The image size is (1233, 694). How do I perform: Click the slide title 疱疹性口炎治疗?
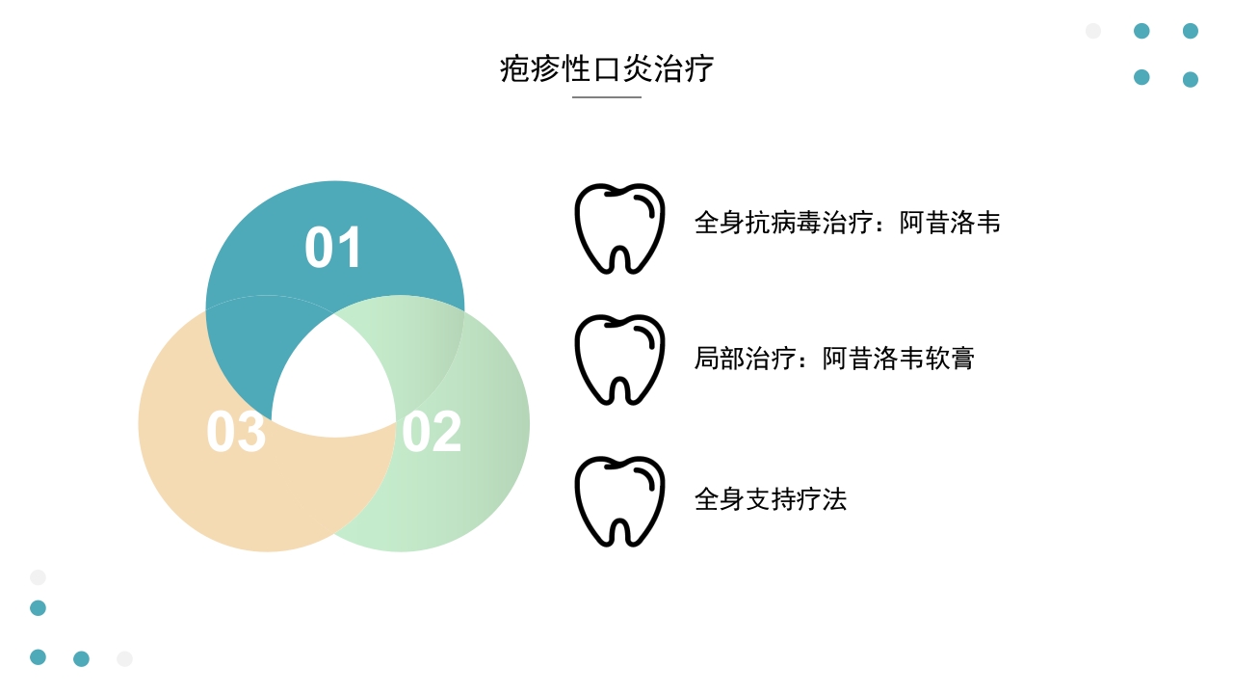tap(607, 69)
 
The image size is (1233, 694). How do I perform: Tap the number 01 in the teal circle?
tap(333, 248)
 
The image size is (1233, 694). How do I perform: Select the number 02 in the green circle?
tap(432, 433)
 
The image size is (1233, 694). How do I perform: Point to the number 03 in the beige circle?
tap(236, 433)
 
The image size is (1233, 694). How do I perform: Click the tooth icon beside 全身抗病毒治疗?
tap(619, 228)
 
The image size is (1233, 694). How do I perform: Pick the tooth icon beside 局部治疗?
tap(619, 359)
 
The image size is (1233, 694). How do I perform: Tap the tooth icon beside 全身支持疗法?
tap(619, 501)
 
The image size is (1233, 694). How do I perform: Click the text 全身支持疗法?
tap(770, 499)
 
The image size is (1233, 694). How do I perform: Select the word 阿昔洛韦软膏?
tap(899, 359)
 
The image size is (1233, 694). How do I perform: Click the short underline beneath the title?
tap(607, 97)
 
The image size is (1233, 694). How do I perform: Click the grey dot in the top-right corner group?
tap(1093, 31)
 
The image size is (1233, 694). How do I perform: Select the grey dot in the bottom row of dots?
tap(124, 658)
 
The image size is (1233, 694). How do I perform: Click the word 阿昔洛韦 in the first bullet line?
tap(950, 223)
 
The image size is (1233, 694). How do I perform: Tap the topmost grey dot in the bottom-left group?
tap(38, 577)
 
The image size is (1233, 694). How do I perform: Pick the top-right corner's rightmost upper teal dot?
tap(1191, 31)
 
